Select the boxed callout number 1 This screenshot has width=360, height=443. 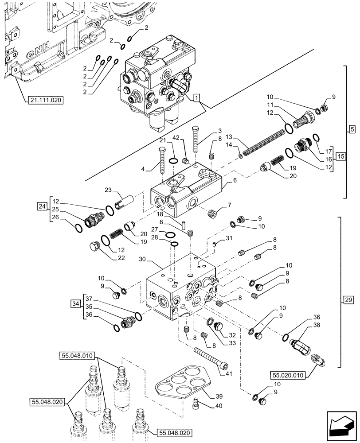coord(197,97)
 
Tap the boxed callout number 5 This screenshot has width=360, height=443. coord(352,130)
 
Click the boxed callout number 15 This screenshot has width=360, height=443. coord(340,156)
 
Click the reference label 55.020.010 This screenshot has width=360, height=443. coord(286,375)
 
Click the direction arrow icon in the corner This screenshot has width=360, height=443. coord(341,429)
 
